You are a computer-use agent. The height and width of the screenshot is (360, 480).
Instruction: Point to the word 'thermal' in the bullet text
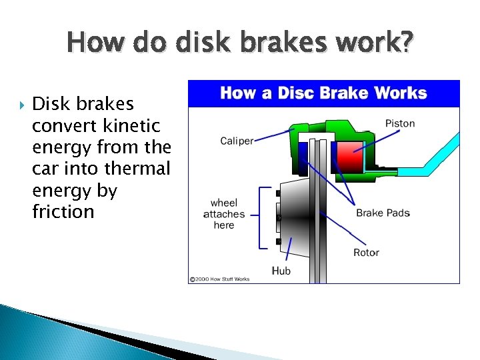point(139,169)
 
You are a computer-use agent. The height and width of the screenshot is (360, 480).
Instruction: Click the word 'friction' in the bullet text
point(63,212)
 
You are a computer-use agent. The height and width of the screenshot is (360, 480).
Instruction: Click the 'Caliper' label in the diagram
point(237,141)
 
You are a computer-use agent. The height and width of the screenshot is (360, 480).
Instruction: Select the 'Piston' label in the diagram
point(400,123)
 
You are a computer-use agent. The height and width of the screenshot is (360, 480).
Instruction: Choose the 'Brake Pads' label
point(383,213)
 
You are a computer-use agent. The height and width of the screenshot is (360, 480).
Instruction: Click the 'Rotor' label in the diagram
point(366,252)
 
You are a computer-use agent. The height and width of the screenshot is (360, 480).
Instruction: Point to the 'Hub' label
point(281,271)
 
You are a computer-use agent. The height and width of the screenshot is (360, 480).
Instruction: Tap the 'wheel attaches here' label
point(224,214)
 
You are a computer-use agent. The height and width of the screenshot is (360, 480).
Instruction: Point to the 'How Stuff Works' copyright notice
point(219,279)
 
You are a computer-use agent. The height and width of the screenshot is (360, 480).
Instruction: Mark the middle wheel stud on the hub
point(278,217)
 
